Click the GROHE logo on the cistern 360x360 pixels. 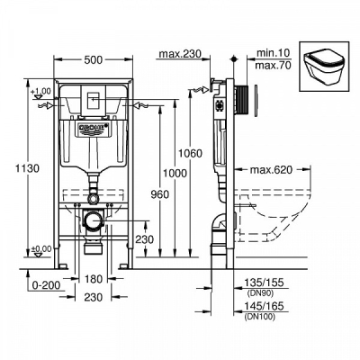tap(92, 129)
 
